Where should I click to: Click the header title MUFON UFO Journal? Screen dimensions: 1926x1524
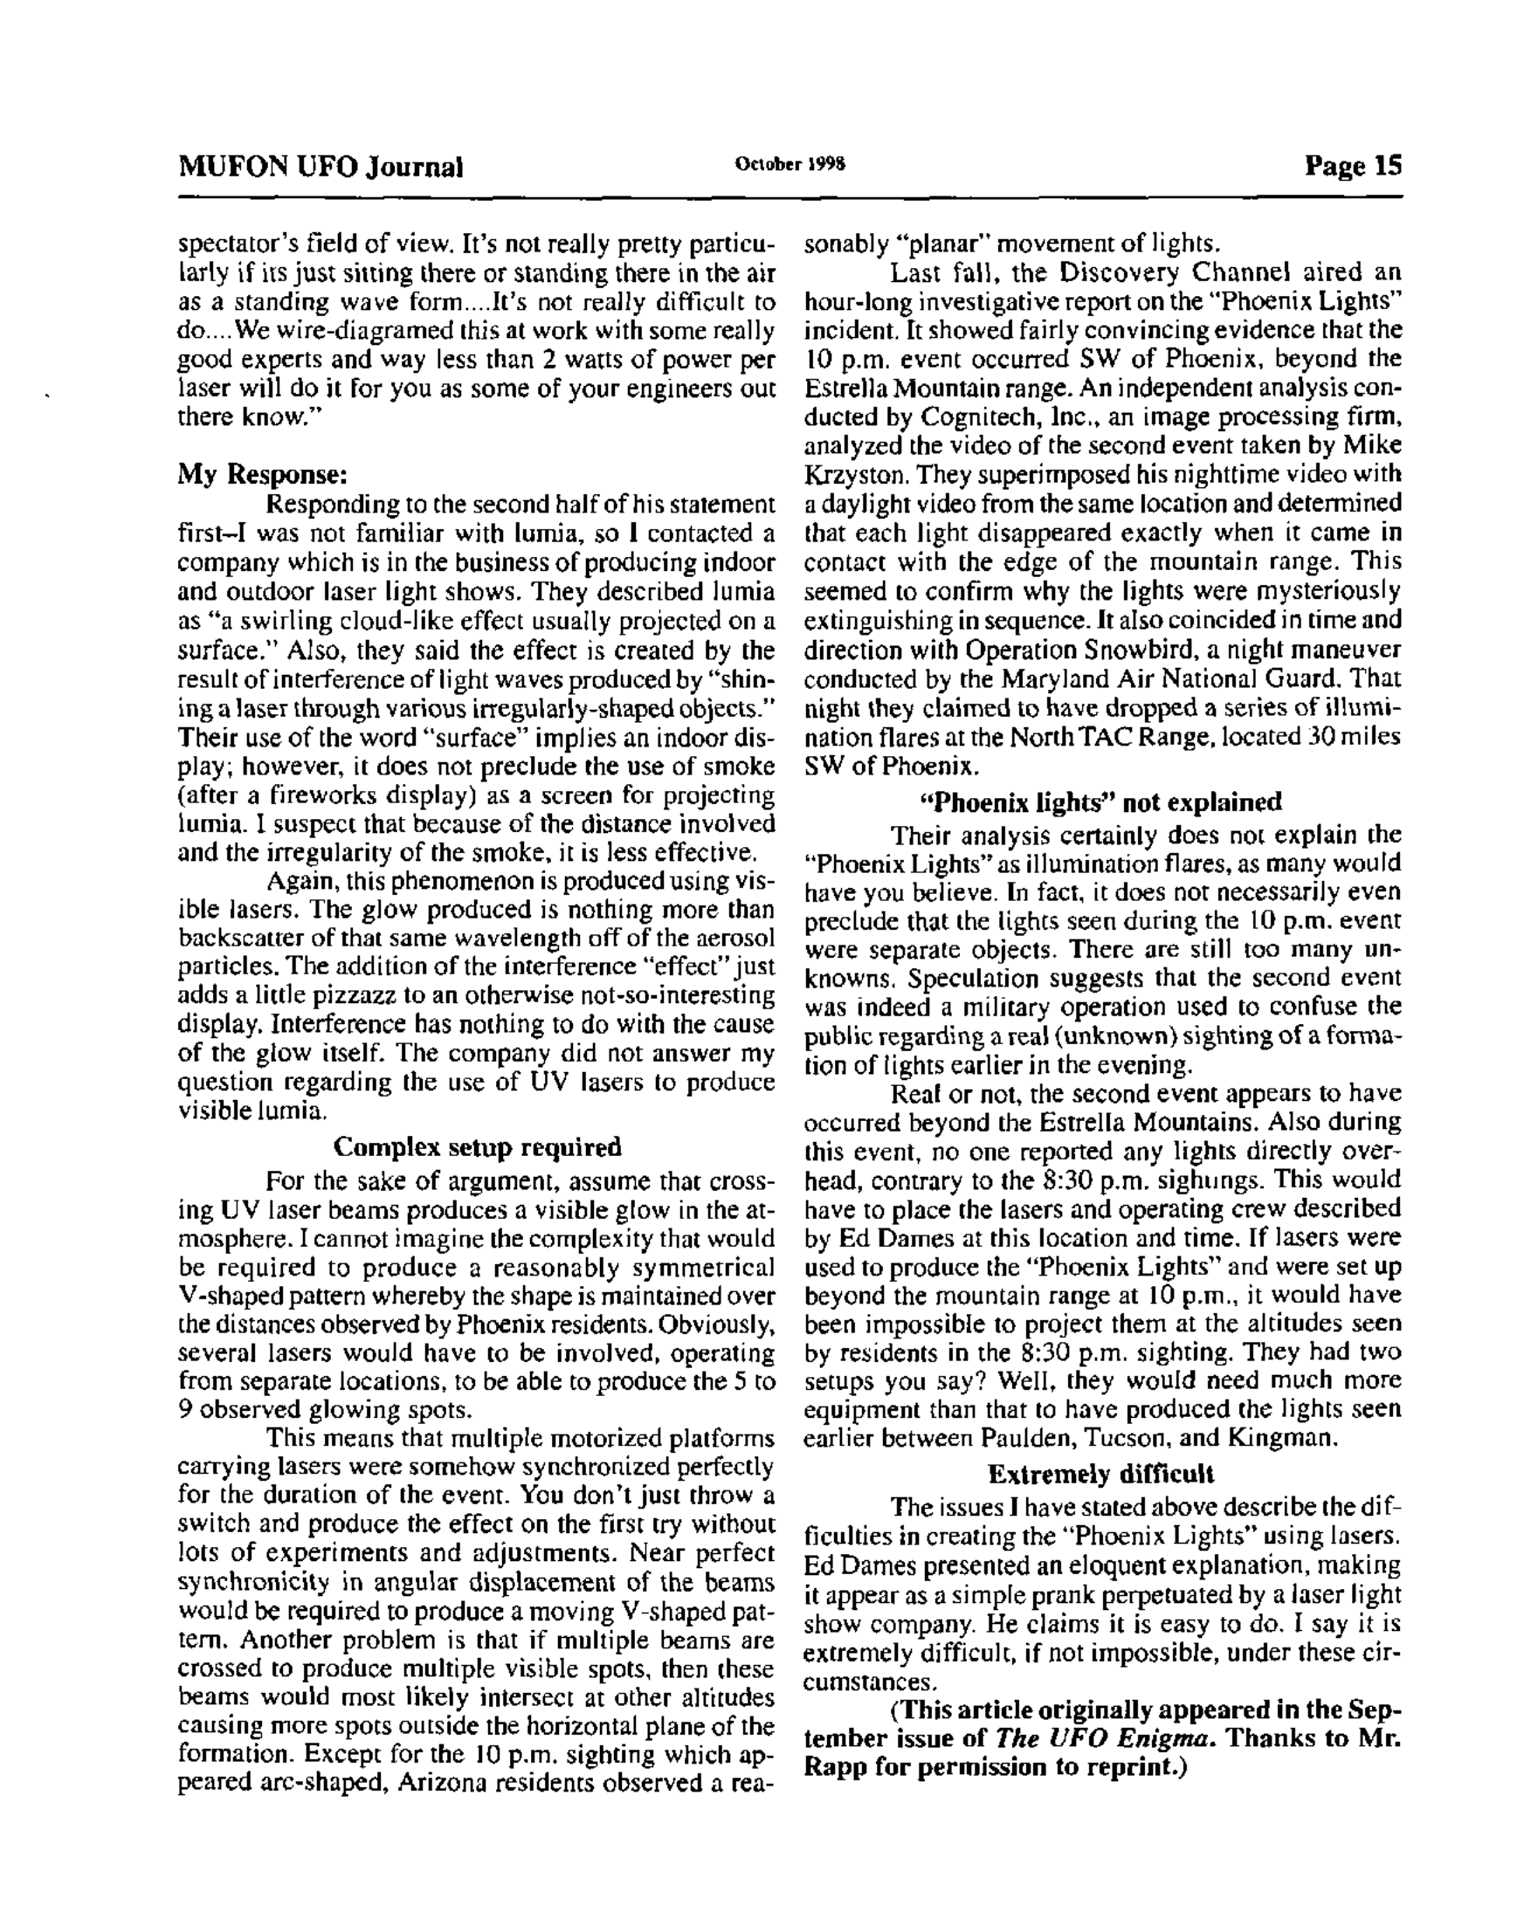(x=321, y=167)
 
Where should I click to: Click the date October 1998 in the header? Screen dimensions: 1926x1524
(x=790, y=165)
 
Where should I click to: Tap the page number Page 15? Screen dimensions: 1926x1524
(x=1353, y=166)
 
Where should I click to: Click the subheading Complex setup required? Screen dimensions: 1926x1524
(x=477, y=1146)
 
